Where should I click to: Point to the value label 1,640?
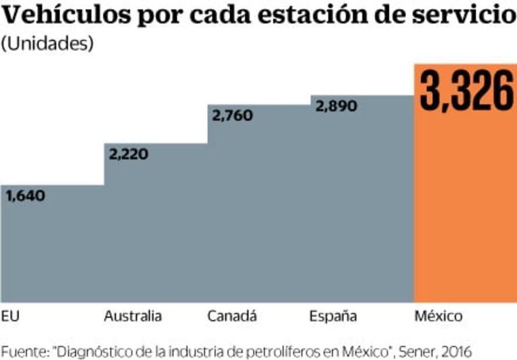(26, 196)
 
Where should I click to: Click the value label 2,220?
(129, 154)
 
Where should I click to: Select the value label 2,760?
(233, 115)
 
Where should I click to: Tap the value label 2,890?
(336, 106)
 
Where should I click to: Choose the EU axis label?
(10, 316)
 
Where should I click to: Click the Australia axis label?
(133, 316)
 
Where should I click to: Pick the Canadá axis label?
(232, 316)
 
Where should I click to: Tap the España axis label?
(333, 316)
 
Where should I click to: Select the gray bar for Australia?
(156, 232)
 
